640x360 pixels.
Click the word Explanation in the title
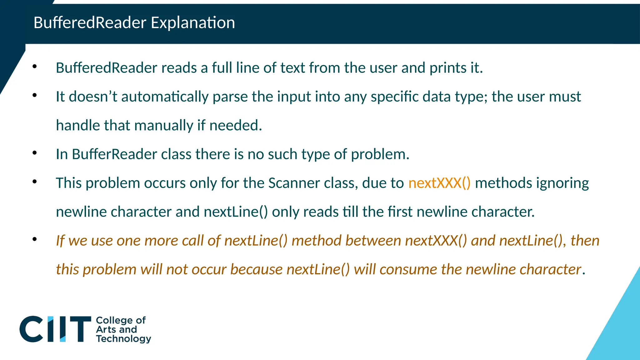pyautogui.click(x=193, y=23)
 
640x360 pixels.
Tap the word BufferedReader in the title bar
pyautogui.click(x=90, y=23)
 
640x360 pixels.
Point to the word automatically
pyautogui.click(x=165, y=97)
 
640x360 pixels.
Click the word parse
pyautogui.click(x=230, y=97)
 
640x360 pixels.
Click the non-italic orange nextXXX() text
pyautogui.click(x=439, y=183)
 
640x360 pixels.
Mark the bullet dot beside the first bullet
pyautogui.click(x=35, y=66)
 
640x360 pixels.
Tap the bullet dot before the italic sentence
pyautogui.click(x=35, y=239)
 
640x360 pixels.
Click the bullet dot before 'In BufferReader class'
pyautogui.click(x=35, y=153)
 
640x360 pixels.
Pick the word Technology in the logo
pyautogui.click(x=123, y=339)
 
